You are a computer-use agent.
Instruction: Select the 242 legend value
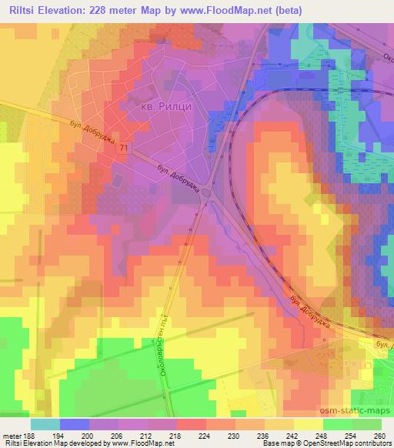pos(291,436)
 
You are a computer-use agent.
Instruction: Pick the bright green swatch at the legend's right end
pos(367,423)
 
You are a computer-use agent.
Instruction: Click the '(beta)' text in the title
pos(283,10)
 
